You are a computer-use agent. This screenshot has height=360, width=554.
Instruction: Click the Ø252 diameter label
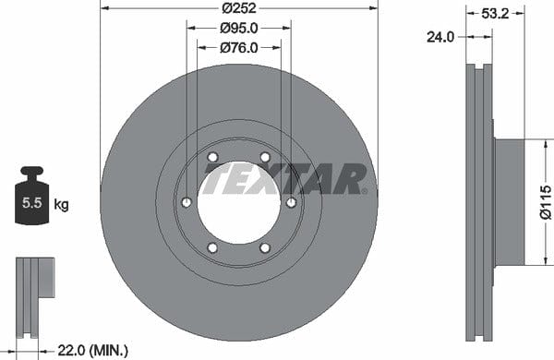tap(239, 7)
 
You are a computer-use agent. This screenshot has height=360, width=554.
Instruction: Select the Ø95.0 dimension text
tap(239, 28)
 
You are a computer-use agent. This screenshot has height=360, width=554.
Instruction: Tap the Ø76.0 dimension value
tap(239, 48)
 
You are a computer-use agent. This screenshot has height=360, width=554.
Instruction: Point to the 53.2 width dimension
tap(495, 14)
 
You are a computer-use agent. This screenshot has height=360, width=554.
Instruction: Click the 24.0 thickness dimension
tap(440, 37)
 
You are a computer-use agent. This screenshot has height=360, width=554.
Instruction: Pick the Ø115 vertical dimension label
tap(546, 202)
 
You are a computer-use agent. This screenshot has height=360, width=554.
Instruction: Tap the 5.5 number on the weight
tap(31, 203)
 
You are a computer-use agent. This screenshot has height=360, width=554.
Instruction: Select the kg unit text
tap(61, 204)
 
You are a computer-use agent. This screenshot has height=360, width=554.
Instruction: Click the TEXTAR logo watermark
tap(285, 178)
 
